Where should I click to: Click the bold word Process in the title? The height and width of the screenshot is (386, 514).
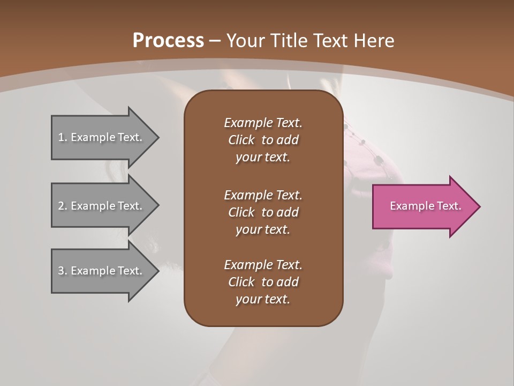(168, 41)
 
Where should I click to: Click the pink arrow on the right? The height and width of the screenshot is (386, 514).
(423, 206)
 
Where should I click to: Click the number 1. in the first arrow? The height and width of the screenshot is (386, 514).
(63, 137)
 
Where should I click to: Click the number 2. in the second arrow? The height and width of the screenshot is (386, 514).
(63, 206)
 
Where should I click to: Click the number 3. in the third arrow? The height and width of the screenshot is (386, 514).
(63, 271)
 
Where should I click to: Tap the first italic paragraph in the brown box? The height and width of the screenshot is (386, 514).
(263, 140)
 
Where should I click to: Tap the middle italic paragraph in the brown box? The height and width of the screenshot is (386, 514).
(263, 212)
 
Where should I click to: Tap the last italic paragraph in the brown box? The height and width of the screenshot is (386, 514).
(263, 282)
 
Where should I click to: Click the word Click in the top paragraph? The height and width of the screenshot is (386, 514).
(241, 140)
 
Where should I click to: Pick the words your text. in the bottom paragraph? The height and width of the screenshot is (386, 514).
(263, 299)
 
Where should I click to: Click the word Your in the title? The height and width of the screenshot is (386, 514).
(244, 41)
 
